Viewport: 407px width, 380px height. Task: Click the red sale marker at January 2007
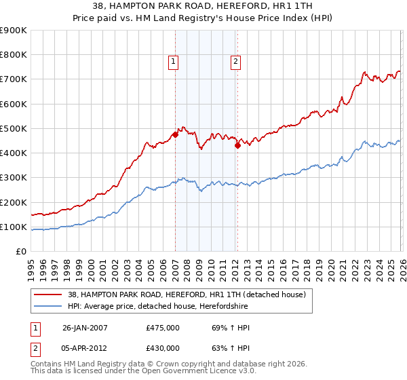[x=175, y=134]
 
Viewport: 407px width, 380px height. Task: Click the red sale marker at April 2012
[x=237, y=145]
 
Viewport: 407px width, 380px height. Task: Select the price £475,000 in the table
[x=162, y=328]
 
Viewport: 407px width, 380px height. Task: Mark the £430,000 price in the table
[x=162, y=348]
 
